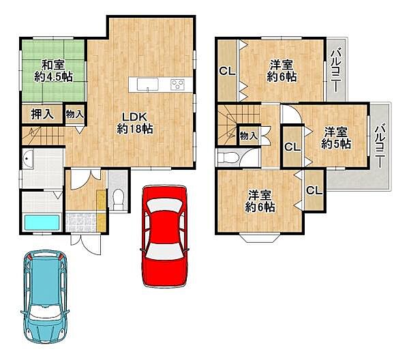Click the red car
click(x=164, y=236)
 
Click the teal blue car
click(x=46, y=297)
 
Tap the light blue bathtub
click(x=42, y=222)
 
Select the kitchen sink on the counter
click(x=148, y=85)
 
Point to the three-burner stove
click(x=177, y=85)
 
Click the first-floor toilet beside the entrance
click(x=119, y=199)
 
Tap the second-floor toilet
click(x=228, y=157)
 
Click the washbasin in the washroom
click(x=28, y=159)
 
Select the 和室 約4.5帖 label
click(x=53, y=71)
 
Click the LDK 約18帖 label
click(x=134, y=123)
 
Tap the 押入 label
click(x=42, y=114)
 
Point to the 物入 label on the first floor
click(x=74, y=114)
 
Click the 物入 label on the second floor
click(x=249, y=136)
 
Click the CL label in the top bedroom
click(x=227, y=71)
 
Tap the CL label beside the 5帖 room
click(x=292, y=147)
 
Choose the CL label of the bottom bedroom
click(x=314, y=190)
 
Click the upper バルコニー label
click(x=336, y=71)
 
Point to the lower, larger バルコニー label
click(x=380, y=147)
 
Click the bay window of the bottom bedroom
click(x=260, y=238)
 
